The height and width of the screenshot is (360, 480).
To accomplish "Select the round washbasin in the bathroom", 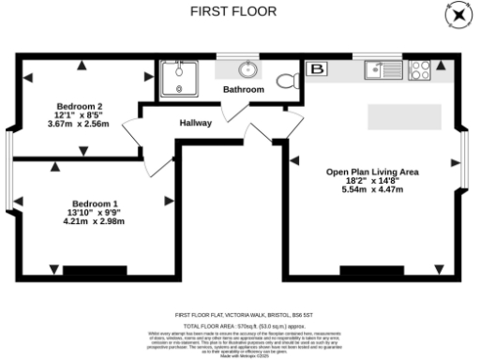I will point(248,69).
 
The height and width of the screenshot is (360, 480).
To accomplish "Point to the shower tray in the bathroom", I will point(175,78).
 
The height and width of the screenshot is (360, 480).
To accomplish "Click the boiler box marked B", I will point(317,69).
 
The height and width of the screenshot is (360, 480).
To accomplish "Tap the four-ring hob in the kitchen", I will point(419,69).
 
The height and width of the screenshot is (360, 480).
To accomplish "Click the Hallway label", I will point(195,124).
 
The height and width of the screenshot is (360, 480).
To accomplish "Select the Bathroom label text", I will point(243,90).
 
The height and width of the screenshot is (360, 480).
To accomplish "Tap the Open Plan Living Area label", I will point(371,172).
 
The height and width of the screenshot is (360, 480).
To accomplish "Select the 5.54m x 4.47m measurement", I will point(371,190).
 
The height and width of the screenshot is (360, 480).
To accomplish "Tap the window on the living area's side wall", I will point(465,160).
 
